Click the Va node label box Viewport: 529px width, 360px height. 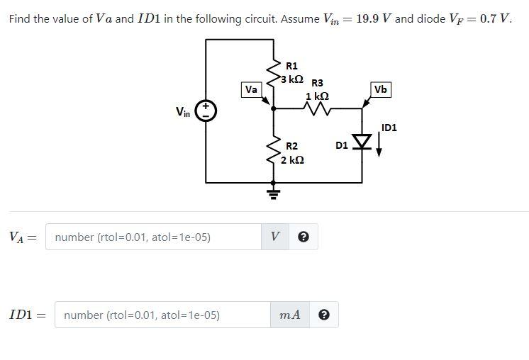[251, 90]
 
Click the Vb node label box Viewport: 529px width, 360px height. [381, 90]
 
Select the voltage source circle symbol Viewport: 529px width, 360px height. [206, 111]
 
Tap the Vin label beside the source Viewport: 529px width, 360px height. [183, 111]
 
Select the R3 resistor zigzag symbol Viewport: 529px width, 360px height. [316, 108]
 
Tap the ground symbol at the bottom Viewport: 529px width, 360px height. [274, 191]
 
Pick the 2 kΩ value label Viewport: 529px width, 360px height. [293, 160]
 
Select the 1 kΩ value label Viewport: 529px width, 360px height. [317, 96]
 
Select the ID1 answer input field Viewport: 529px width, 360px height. [166, 315]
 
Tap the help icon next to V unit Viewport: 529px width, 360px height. [303, 237]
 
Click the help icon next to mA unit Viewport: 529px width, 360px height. [323, 315]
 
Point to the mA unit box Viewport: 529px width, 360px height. [290, 315]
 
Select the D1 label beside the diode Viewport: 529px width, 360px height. [341, 146]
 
